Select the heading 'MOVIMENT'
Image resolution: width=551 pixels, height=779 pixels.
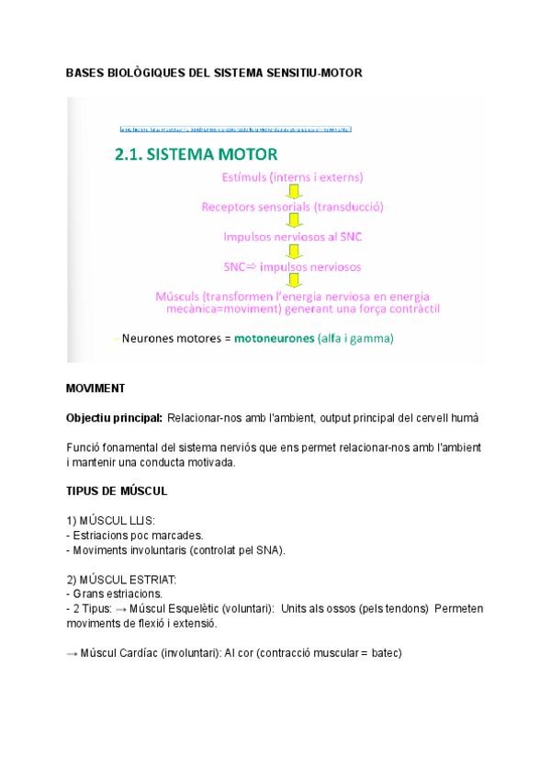point(96,389)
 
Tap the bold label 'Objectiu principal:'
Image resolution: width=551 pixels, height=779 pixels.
point(114,418)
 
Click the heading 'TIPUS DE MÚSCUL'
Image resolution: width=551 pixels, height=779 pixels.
point(117,491)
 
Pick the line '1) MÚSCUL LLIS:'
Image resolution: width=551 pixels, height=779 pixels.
point(111,521)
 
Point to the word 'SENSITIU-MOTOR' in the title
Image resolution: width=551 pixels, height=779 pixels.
point(318,72)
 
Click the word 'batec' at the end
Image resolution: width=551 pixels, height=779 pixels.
point(387,653)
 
